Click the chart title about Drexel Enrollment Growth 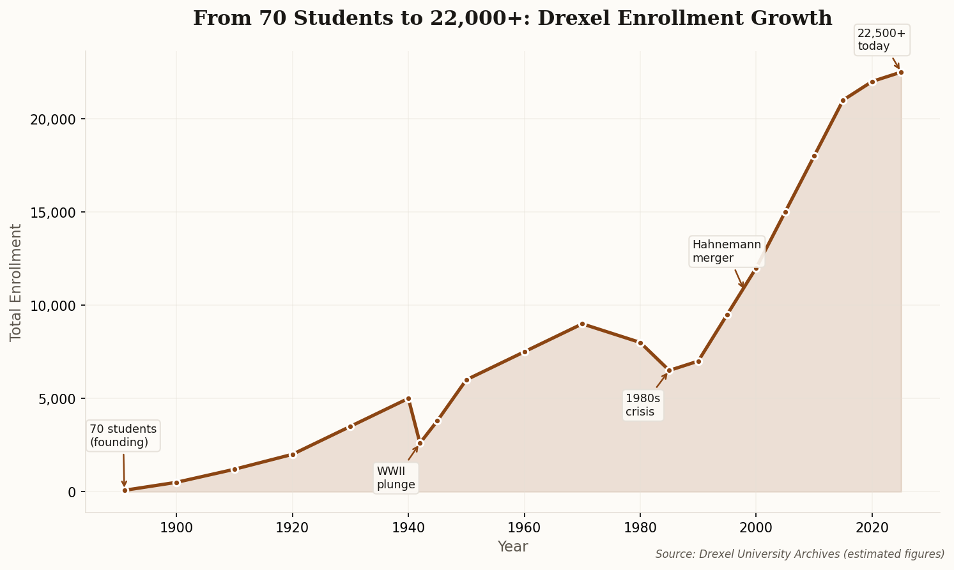[512, 19]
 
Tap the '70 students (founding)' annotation [123, 435]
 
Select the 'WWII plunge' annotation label [396, 478]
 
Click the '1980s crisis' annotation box [643, 405]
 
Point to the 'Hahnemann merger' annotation [727, 251]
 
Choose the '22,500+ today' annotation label [881, 40]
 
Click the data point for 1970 [582, 324]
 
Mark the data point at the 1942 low [420, 443]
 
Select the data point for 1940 [408, 398]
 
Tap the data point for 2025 [901, 73]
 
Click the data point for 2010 [814, 156]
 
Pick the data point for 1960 [525, 352]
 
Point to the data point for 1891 [125, 490]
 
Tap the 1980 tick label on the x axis [640, 529]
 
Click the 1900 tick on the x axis [176, 529]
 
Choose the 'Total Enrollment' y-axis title [16, 282]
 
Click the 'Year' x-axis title [512, 547]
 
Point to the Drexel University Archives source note [800, 554]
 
